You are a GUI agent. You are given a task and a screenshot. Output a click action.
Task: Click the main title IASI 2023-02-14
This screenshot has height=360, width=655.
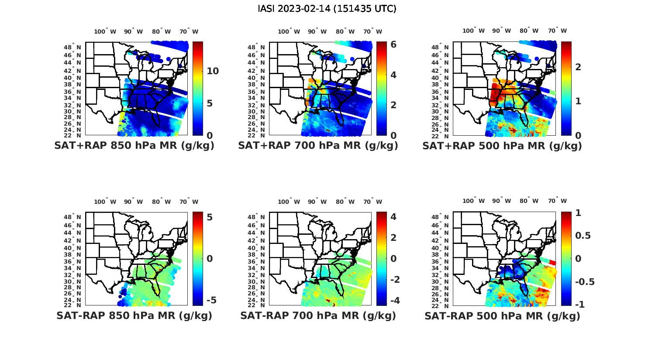coord(327,9)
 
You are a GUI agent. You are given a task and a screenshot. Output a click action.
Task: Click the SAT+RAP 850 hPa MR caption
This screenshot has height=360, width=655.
coord(134,146)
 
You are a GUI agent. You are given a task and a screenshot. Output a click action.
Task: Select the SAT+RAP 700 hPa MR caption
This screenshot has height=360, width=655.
coord(318,146)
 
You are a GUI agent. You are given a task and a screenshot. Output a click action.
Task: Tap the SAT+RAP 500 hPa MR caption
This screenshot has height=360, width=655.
coord(502,146)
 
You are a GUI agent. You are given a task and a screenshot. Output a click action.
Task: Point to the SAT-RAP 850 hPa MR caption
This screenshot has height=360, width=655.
coord(134,315)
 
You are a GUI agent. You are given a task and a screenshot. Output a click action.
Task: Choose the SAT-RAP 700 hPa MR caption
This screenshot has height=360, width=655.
coord(318,315)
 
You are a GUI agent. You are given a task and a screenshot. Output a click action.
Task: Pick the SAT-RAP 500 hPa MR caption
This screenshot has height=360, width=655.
coord(502,315)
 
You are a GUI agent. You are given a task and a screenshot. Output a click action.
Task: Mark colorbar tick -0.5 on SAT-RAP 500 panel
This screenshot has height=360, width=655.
coord(585,281)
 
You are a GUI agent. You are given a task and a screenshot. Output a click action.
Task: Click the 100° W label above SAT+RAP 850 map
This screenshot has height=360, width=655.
coord(105,31)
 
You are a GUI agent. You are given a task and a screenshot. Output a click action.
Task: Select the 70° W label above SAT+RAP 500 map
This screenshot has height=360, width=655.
coord(558,31)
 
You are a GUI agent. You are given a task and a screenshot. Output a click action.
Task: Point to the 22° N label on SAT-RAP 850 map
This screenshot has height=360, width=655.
coord(73,305)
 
